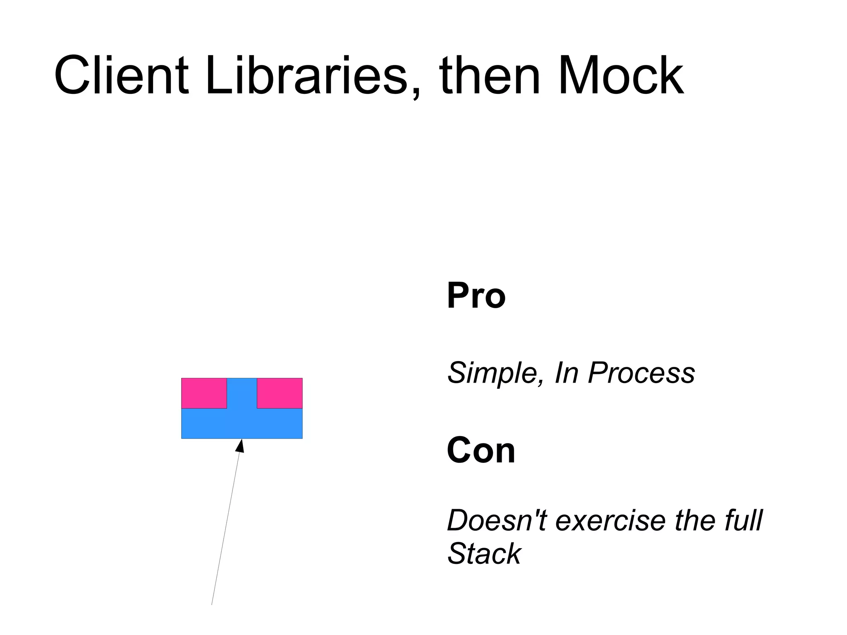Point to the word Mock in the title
[621, 77]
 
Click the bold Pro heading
[476, 295]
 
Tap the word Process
[641, 373]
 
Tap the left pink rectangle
[204, 393]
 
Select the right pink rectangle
[280, 393]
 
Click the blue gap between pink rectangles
[242, 393]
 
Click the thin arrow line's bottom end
[212, 604]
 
